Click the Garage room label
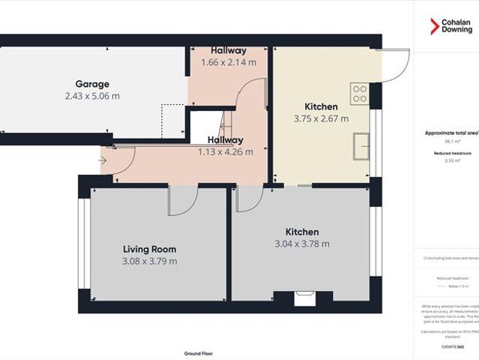click(x=92, y=85)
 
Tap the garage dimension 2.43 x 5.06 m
click(x=92, y=96)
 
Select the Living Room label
click(x=149, y=249)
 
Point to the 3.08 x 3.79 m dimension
click(x=149, y=261)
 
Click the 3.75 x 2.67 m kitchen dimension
click(x=321, y=118)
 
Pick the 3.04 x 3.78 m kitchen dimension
click(x=301, y=244)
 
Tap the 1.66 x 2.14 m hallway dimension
click(x=229, y=62)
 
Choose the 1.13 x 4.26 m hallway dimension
click(x=225, y=151)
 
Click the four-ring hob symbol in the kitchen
click(x=360, y=94)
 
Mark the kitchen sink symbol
click(x=361, y=142)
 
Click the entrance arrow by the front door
click(x=102, y=159)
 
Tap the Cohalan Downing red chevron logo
click(x=433, y=26)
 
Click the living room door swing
click(x=182, y=199)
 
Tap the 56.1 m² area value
click(x=452, y=141)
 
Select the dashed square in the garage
click(x=173, y=120)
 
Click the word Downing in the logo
click(x=457, y=30)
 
